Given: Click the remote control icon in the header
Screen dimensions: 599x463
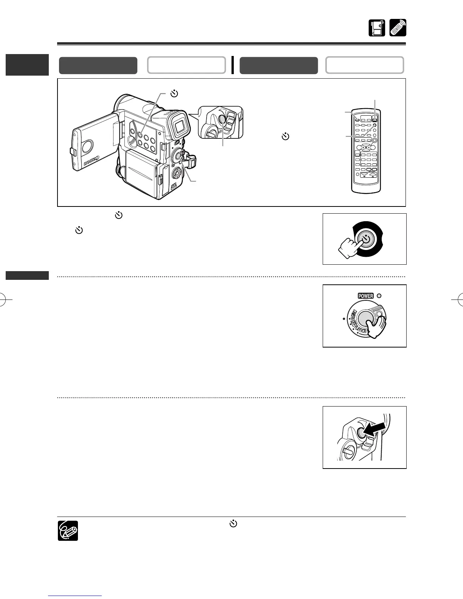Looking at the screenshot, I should click(x=398, y=28).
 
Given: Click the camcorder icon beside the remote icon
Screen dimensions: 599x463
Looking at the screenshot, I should click(x=377, y=28).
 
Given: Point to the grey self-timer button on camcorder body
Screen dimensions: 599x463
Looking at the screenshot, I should click(x=140, y=134).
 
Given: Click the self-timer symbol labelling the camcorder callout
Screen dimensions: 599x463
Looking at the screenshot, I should click(x=174, y=93).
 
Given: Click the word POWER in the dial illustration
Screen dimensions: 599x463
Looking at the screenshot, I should click(x=365, y=296).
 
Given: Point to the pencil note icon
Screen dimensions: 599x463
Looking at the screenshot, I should click(x=68, y=531).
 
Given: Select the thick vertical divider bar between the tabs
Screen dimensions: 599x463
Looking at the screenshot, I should click(x=233, y=65).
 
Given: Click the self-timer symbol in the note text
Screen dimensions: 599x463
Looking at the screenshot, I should click(x=234, y=524).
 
